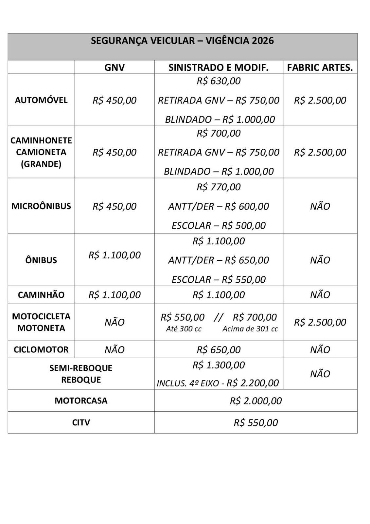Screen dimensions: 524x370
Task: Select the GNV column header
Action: point(115,67)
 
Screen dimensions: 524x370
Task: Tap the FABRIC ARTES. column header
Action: point(320,67)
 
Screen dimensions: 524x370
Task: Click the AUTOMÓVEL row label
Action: point(41,100)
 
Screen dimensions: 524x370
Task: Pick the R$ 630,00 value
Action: point(219,81)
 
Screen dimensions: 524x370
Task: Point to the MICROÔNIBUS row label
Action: point(41,206)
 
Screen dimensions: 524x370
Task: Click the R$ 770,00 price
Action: point(219,187)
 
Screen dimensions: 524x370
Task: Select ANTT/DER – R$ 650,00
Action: point(219,260)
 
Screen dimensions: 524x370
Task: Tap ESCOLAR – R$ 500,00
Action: point(219,225)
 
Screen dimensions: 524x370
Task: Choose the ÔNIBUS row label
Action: point(41,260)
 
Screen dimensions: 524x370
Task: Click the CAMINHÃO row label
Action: point(41,295)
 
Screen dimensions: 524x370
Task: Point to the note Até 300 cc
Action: point(184,329)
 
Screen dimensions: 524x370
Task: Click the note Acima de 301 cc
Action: point(250,329)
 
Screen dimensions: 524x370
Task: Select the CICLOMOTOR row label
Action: point(41,349)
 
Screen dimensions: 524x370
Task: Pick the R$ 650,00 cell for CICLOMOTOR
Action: point(219,350)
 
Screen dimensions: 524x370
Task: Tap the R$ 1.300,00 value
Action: point(219,365)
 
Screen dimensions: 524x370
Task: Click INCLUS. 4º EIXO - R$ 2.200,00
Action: point(218,383)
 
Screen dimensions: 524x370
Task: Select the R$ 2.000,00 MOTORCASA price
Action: point(255,401)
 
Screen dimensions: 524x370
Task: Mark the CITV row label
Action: point(81,422)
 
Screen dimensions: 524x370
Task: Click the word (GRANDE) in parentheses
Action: point(41,164)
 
